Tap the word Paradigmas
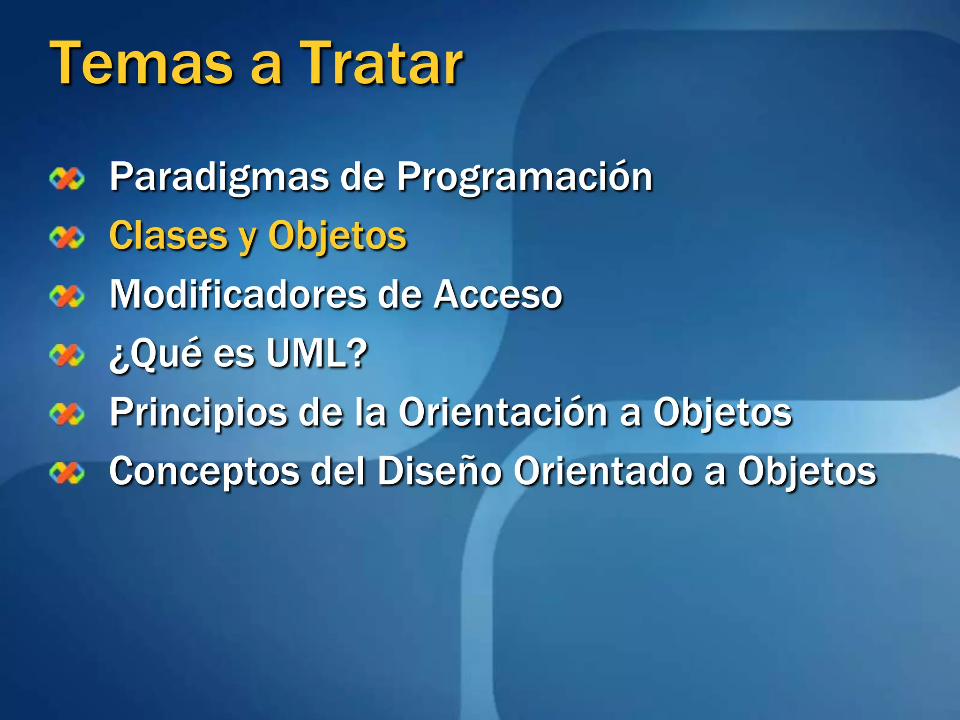pos(219,177)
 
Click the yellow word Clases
pos(168,236)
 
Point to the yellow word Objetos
pos(337,236)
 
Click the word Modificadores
pos(238,294)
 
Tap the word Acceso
pos(497,294)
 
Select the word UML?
pos(317,353)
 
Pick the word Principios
pos(198,412)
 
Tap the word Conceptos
pos(204,472)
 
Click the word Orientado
pos(602,472)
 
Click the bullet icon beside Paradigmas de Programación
pos(67,179)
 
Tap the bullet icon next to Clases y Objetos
pos(67,237)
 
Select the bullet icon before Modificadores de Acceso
pos(67,296)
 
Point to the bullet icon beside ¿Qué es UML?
pos(67,355)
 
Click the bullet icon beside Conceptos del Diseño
pos(67,472)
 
